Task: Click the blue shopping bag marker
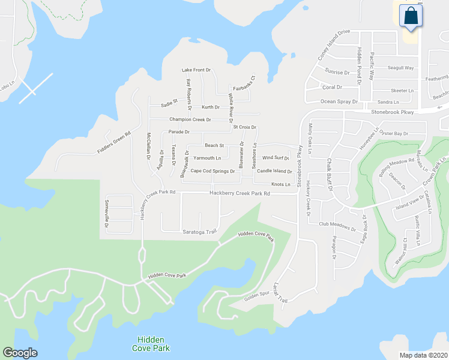(x=412, y=17)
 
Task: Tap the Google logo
(x=20, y=353)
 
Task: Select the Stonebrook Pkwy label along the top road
(x=393, y=112)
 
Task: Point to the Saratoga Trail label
(x=198, y=232)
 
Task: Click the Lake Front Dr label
(x=196, y=70)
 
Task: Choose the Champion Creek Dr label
(x=190, y=119)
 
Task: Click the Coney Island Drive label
(x=334, y=43)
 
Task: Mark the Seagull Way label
(x=401, y=68)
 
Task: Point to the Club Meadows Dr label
(x=337, y=225)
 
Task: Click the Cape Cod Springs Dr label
(x=212, y=171)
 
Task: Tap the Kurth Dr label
(x=211, y=107)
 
